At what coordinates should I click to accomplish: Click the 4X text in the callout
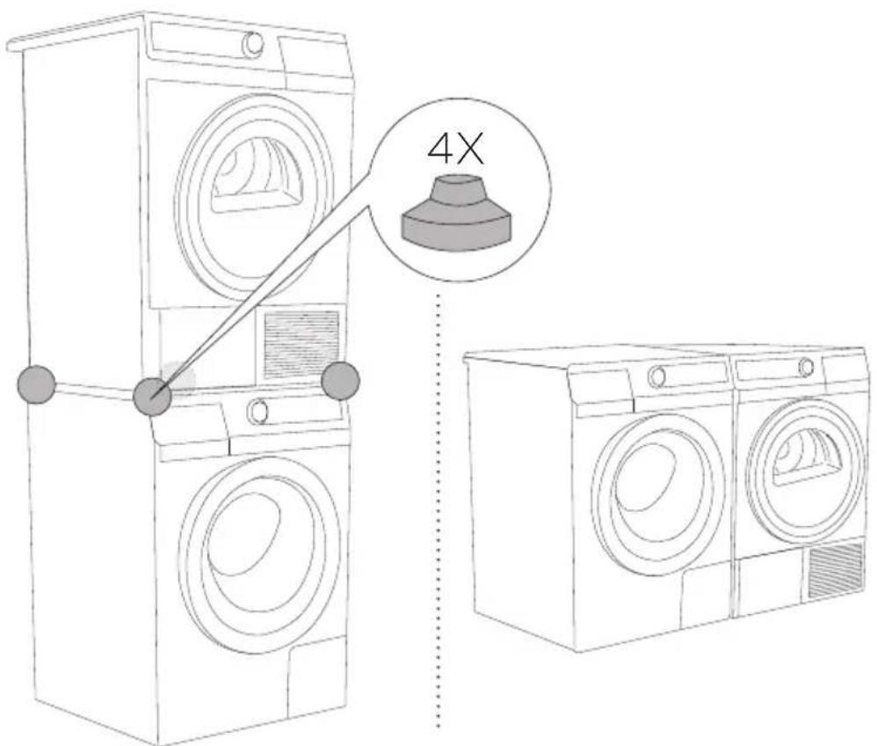click(x=454, y=150)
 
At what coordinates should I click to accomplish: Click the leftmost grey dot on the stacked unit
click(x=36, y=384)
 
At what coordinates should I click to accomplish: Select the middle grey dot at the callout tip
click(x=151, y=397)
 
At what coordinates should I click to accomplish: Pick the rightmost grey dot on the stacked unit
click(x=341, y=380)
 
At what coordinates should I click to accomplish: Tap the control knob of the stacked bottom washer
click(x=257, y=412)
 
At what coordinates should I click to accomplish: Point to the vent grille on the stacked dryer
click(x=301, y=343)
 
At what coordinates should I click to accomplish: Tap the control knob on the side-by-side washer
click(x=657, y=376)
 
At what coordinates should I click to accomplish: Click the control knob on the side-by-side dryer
click(x=806, y=367)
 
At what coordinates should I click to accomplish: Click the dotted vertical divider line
click(x=438, y=509)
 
